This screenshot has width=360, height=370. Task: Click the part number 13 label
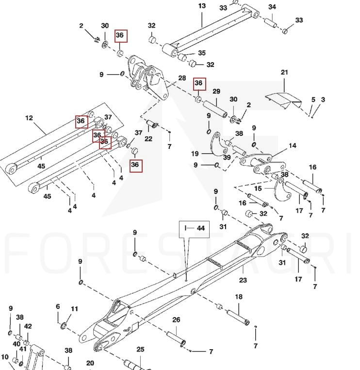(202, 6)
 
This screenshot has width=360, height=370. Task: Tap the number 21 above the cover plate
(284, 72)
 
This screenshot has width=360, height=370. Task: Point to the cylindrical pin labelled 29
(215, 109)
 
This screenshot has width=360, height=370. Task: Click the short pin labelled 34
(270, 23)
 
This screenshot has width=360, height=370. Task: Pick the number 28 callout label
(182, 78)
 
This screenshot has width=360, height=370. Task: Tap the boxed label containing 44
(194, 229)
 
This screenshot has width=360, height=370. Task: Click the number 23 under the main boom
(243, 280)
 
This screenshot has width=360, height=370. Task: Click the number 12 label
(29, 118)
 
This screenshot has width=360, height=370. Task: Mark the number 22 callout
(148, 139)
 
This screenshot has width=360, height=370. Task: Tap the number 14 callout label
(292, 145)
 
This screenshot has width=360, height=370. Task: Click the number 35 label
(202, 53)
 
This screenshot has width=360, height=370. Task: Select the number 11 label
(74, 308)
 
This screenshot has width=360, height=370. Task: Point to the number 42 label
(28, 326)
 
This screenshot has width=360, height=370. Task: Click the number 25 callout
(140, 349)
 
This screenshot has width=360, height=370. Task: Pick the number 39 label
(227, 157)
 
